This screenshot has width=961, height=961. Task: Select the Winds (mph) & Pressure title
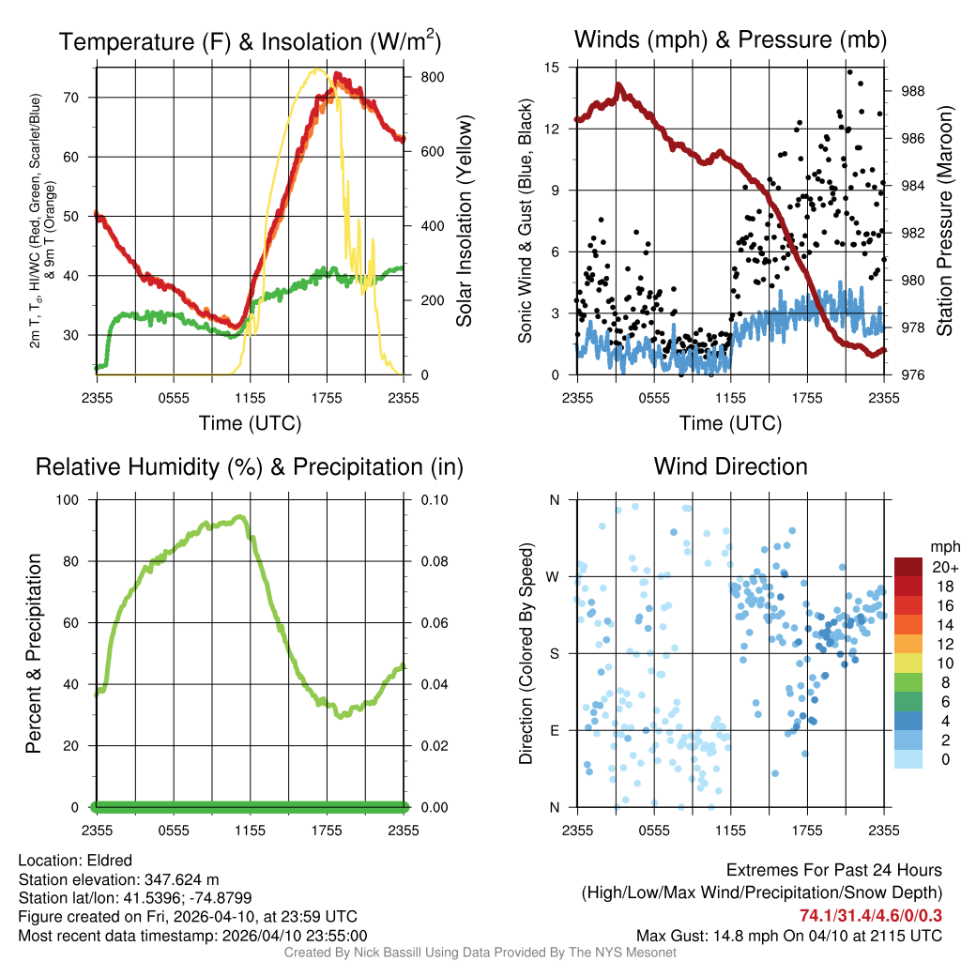click(x=730, y=40)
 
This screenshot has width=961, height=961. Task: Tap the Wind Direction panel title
click(x=730, y=466)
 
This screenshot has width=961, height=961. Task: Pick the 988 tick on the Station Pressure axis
click(x=914, y=91)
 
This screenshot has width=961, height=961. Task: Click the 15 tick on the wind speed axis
click(x=552, y=68)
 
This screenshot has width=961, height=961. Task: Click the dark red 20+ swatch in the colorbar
click(x=909, y=567)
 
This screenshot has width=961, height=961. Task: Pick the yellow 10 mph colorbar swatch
click(x=909, y=663)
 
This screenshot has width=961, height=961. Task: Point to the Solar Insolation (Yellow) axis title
click(x=465, y=221)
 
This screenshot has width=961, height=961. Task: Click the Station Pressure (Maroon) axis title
click(x=944, y=221)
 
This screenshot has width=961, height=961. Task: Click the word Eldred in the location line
click(x=110, y=861)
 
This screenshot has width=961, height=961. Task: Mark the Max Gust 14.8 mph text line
click(x=789, y=936)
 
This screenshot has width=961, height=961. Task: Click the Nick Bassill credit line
click(x=480, y=953)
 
